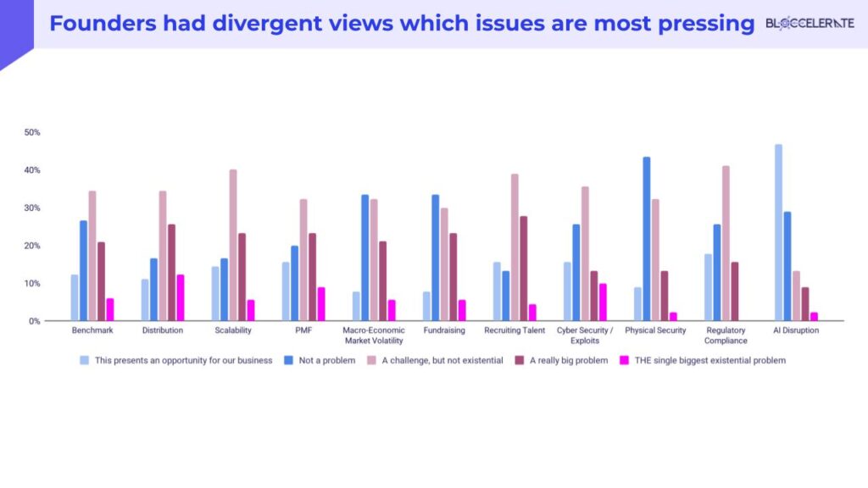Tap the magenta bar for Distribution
[180, 297]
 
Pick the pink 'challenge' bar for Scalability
[233, 245]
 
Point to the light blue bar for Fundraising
[426, 306]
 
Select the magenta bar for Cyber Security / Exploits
[603, 302]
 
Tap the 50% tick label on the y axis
[32, 132]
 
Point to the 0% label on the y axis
[35, 321]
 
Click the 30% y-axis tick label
[32, 208]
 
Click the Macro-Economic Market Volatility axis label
[374, 335]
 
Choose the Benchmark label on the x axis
[92, 330]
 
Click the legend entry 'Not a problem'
[326, 360]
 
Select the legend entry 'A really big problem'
[567, 360]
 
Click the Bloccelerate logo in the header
[810, 24]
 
